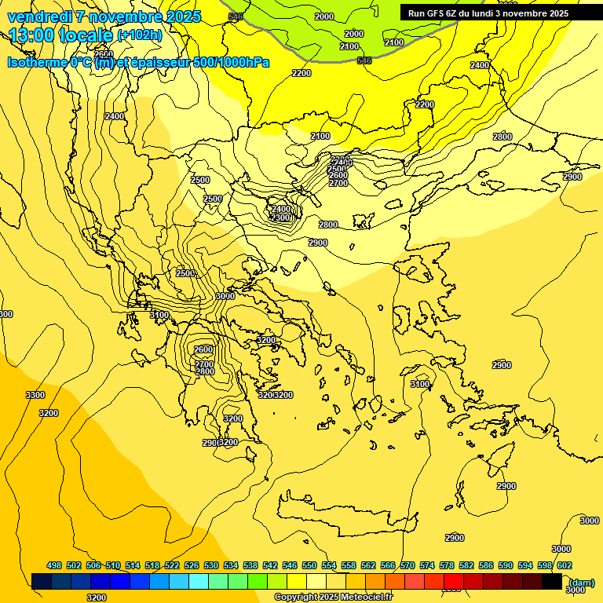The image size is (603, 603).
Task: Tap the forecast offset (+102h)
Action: [140, 35]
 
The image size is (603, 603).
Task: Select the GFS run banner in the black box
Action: [488, 13]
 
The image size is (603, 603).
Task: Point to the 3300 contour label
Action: [35, 395]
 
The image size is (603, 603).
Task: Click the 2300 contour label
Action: [281, 217]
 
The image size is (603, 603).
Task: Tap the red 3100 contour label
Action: [420, 384]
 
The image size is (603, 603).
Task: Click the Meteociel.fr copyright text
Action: [333, 598]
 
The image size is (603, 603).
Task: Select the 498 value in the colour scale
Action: [54, 566]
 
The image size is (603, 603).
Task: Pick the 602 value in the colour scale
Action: [564, 566]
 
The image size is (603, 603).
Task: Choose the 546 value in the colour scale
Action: [290, 566]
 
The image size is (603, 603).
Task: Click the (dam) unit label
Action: [582, 583]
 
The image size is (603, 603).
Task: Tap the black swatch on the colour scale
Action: [552, 582]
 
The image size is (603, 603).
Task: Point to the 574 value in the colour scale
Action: [427, 566]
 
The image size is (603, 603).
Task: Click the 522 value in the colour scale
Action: [172, 566]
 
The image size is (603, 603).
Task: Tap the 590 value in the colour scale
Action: [506, 566]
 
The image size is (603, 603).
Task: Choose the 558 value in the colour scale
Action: [349, 566]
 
